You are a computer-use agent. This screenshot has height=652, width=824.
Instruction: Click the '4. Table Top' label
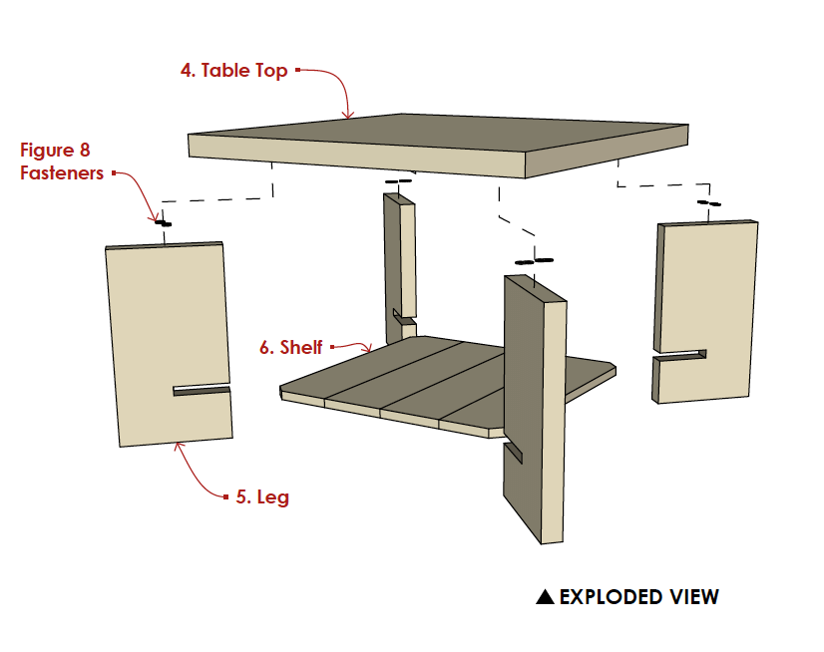pos(233,71)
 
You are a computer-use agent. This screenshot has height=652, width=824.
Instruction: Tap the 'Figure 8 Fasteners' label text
pos(62,162)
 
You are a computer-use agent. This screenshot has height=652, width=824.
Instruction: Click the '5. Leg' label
pos(262,496)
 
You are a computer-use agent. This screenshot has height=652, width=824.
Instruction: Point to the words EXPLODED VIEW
pos(638,597)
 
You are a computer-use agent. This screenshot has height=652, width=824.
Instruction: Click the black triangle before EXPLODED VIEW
pos(545,597)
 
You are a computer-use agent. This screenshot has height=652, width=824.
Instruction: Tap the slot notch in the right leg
pos(682,354)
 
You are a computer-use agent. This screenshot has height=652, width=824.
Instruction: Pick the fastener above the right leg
pos(707,203)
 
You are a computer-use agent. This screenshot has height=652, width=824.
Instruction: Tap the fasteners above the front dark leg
pos(533,261)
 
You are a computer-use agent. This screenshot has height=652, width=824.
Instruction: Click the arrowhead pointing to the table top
pos(348,117)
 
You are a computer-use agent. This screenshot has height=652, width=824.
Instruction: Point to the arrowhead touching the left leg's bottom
pos(178,446)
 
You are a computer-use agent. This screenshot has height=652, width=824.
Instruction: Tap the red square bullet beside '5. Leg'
pos(226,495)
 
